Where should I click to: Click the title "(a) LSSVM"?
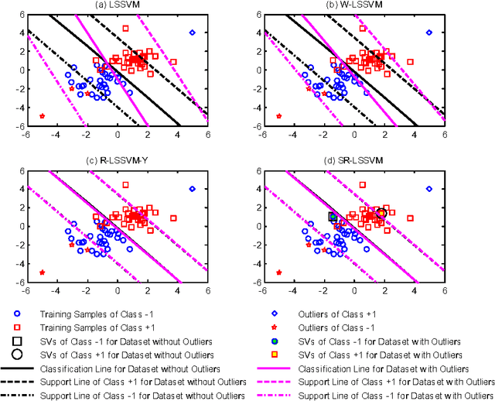tap(118, 6)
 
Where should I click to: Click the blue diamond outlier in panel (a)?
tap(193, 33)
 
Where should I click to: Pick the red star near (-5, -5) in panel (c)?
tap(42, 272)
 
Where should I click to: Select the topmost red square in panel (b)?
tap(362, 29)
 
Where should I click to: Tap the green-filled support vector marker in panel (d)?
tap(333, 218)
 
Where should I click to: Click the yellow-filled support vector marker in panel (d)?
tap(381, 213)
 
